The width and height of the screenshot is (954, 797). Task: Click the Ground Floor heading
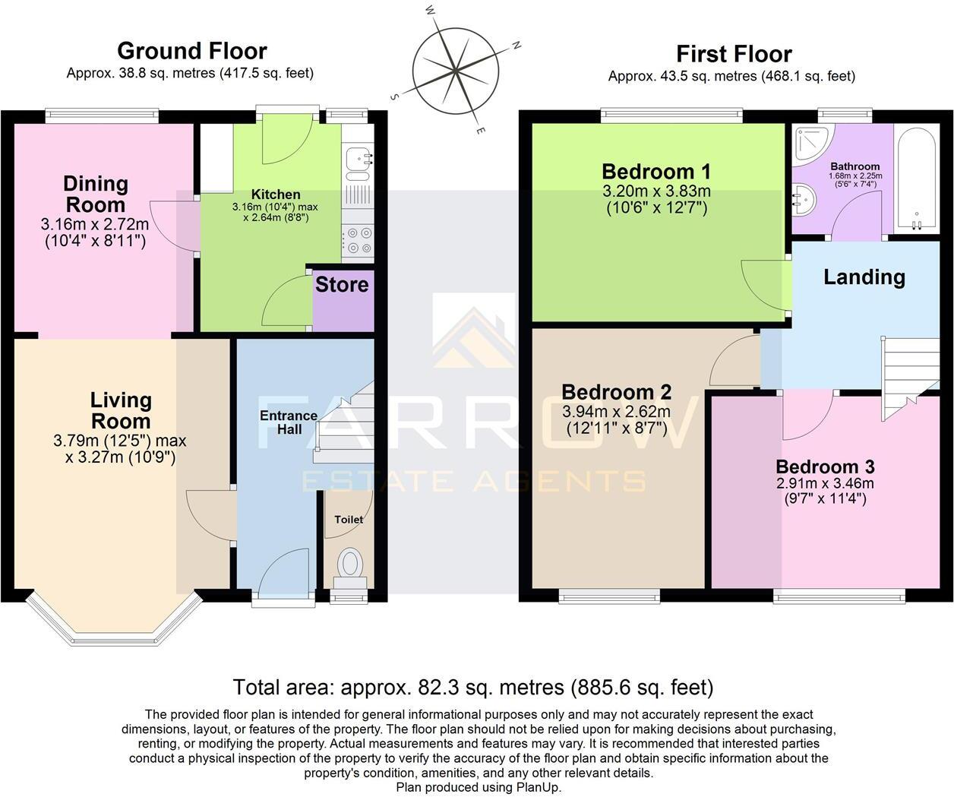pos(191,51)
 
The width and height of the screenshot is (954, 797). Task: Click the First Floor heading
pos(734,54)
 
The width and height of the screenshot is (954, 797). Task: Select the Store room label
pos(342,285)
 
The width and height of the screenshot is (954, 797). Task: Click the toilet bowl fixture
pos(350,564)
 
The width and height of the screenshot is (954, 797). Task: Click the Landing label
pos(864,277)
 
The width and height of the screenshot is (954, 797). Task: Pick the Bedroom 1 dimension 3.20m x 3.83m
pos(656,191)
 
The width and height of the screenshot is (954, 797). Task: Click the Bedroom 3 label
pos(825,466)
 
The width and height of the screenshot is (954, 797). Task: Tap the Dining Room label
pos(95,194)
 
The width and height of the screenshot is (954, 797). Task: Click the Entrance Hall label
pos(288,422)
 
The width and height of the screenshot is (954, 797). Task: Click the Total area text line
pos(472,688)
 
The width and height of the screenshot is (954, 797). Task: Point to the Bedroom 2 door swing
pos(733,363)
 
